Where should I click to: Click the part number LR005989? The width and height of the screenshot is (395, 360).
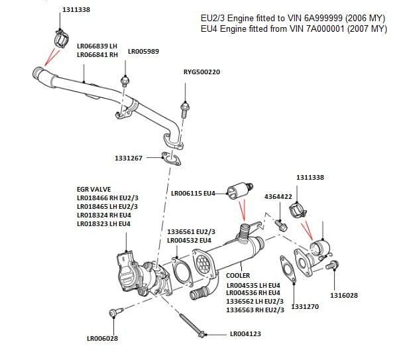[144, 51]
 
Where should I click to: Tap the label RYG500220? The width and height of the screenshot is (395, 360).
[201, 71]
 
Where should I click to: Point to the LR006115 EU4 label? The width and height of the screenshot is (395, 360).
[194, 193]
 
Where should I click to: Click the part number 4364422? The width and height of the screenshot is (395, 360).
[278, 197]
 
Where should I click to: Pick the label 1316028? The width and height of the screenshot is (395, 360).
[343, 295]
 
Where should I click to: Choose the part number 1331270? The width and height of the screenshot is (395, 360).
[306, 307]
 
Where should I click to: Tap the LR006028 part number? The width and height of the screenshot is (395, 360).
[103, 339]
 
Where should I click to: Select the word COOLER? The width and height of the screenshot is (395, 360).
[238, 275]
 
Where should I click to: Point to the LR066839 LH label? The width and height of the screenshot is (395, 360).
[97, 45]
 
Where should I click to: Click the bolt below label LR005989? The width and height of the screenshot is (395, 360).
[124, 81]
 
